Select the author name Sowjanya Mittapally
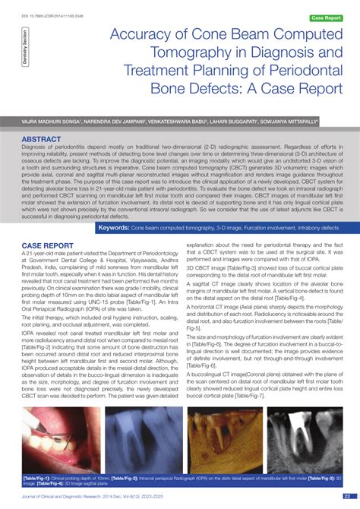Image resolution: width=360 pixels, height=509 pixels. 291,120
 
